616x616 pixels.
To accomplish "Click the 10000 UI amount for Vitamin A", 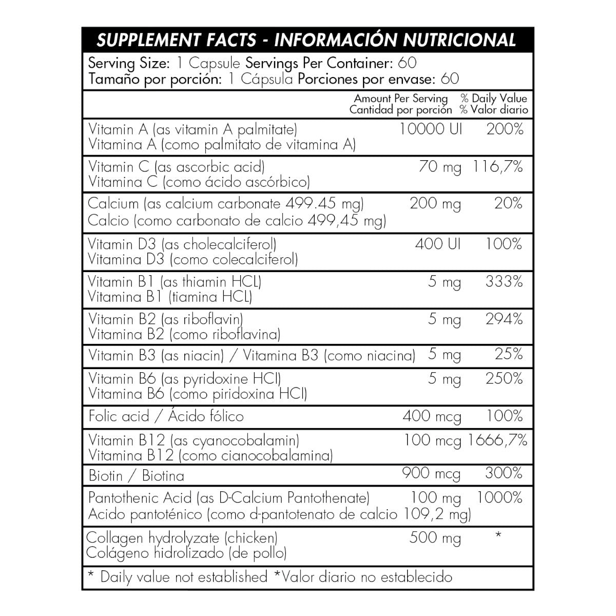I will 431,129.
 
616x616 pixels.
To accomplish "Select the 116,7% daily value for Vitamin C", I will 496,167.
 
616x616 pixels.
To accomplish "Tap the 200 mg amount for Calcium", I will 435,204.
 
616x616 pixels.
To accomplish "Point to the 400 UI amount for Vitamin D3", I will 438,243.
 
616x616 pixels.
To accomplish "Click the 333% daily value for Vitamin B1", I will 504,281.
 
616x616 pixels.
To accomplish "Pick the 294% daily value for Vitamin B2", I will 504,319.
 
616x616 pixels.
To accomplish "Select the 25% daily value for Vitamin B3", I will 509,354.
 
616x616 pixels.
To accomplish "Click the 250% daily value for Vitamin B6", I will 504,379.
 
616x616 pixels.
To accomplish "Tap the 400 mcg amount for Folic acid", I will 432,416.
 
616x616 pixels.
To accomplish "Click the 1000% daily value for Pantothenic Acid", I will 499,497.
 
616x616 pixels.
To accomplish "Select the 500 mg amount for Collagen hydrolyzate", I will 435,538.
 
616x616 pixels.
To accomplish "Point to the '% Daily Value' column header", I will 493,98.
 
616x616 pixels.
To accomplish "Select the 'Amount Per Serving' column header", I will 400,98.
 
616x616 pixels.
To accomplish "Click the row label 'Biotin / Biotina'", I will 137,476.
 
